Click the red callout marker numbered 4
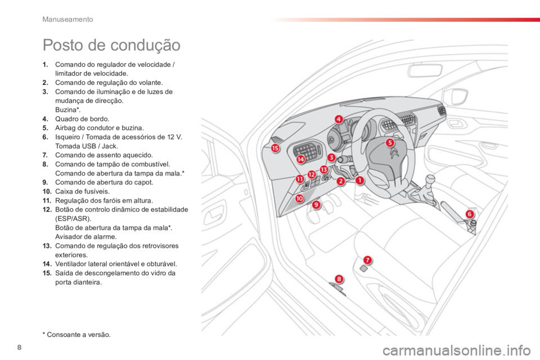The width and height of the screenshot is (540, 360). coord(339,119)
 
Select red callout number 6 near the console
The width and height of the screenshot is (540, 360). coord(469,214)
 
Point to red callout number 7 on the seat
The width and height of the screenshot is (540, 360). coord(368,260)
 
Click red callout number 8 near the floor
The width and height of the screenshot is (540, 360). coord(339,278)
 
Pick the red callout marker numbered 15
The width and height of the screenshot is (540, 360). coord(275,148)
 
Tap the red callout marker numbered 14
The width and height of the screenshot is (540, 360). coord(301,159)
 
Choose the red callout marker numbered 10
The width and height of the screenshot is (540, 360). coord(300,198)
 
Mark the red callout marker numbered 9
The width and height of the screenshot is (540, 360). coord(316,205)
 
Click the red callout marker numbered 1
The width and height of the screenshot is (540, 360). coord(359,180)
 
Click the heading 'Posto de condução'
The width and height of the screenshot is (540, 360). coord(111,45)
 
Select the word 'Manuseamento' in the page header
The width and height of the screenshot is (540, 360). coord(67,19)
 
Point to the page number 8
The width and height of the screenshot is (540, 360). coord(19,347)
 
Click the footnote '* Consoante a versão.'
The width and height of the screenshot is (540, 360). coord(77,335)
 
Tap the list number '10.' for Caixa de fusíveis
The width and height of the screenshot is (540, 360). coord(47,192)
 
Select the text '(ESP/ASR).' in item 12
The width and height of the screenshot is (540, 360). coord(73,219)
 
